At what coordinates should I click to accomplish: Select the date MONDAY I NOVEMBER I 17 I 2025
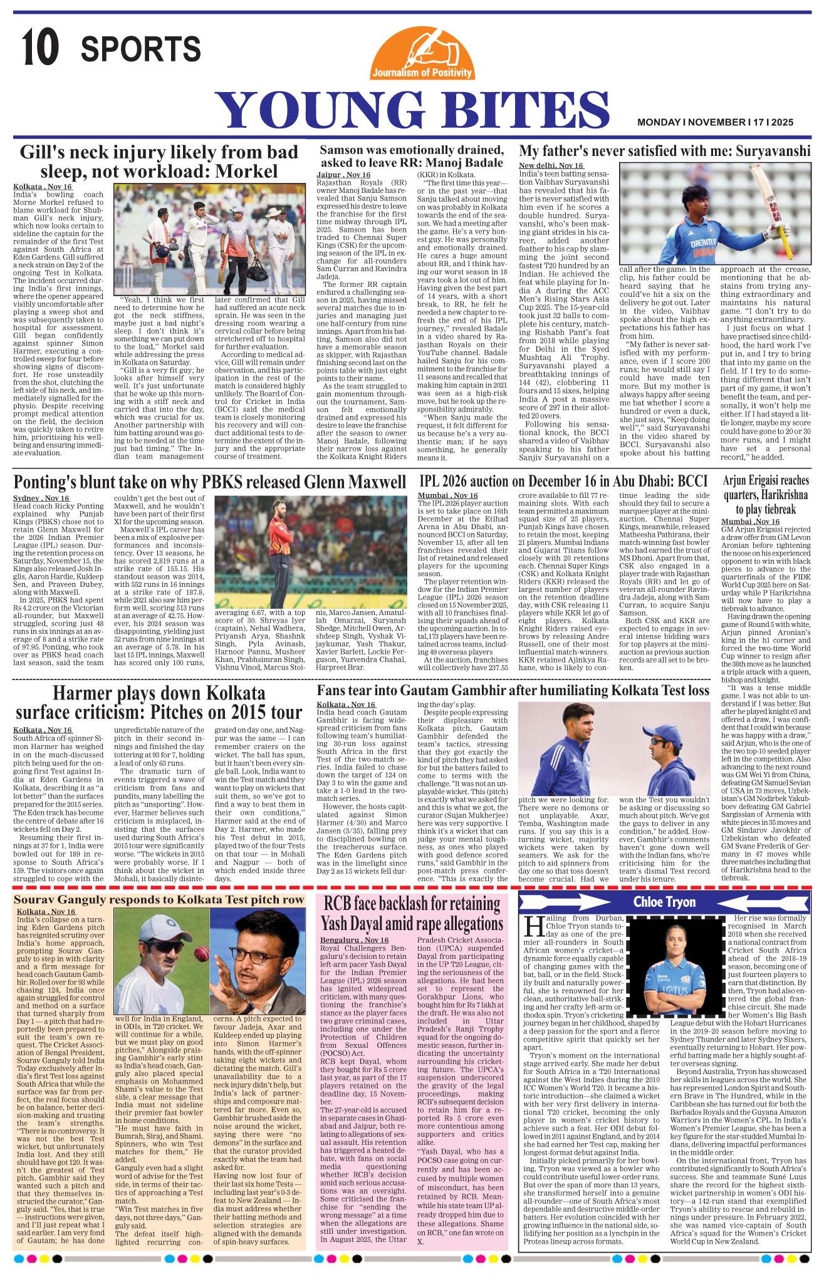[715, 123]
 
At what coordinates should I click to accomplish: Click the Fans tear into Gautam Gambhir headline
[513, 691]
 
